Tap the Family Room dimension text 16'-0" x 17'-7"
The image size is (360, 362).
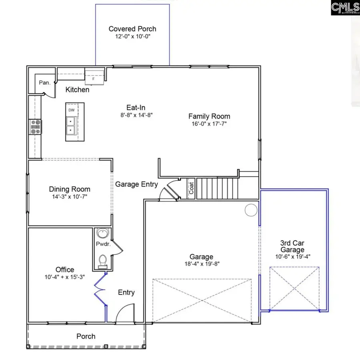[209, 124]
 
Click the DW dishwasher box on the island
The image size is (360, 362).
[72, 110]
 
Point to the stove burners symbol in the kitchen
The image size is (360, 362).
[35, 126]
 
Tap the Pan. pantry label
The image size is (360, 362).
[44, 83]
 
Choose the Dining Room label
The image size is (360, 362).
[70, 189]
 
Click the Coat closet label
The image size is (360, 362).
[191, 188]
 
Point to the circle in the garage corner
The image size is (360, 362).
[251, 210]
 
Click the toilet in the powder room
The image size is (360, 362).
[102, 260]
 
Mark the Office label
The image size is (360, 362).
[65, 270]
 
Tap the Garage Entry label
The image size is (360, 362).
[136, 184]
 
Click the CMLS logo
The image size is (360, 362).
[345, 8]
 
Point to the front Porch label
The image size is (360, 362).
[86, 336]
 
